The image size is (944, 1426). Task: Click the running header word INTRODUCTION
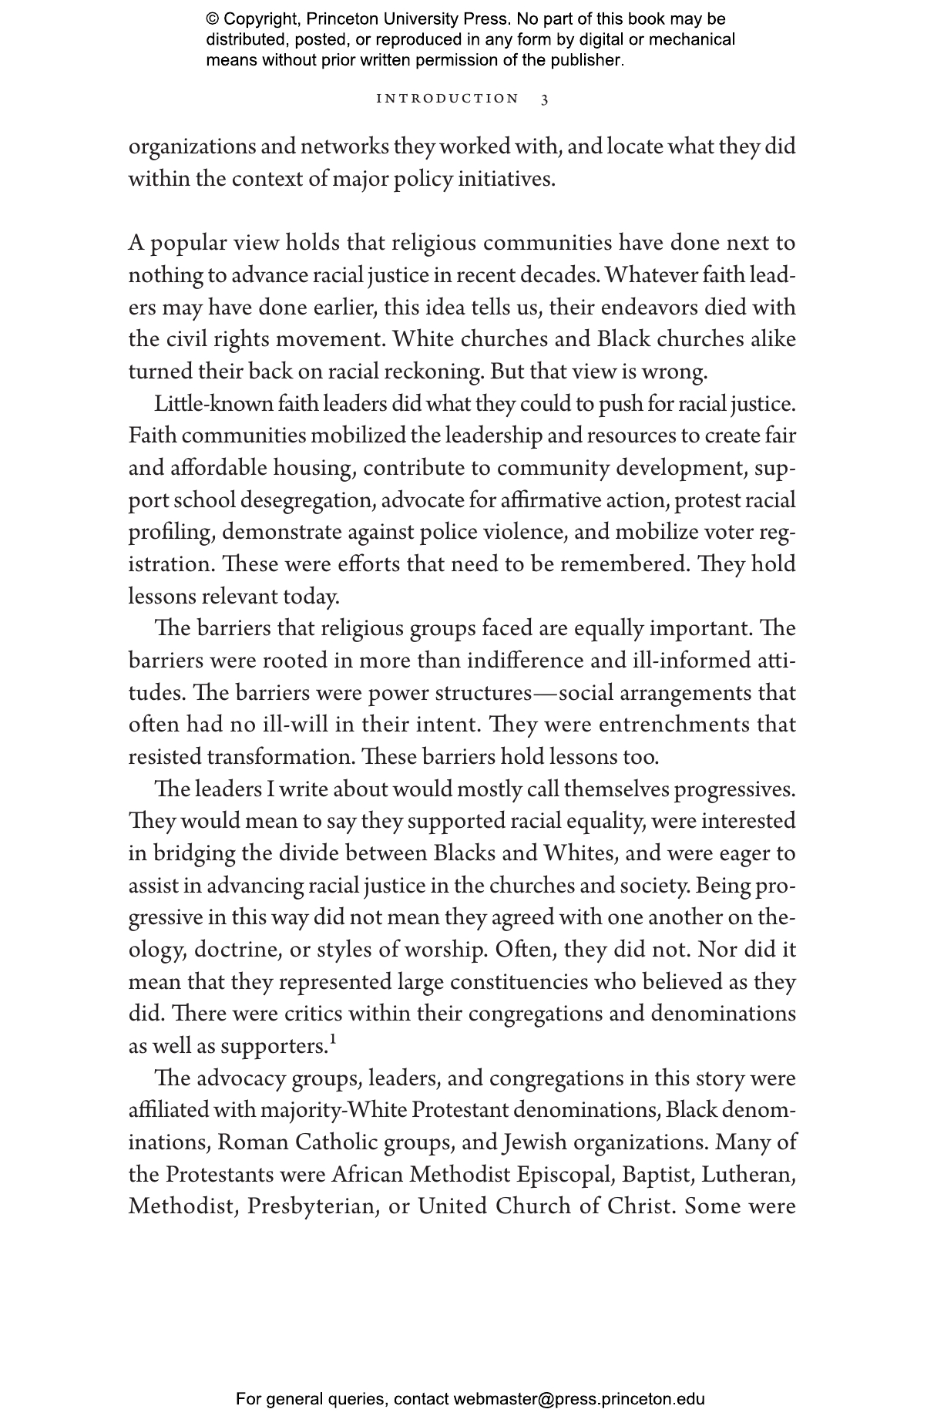point(447,99)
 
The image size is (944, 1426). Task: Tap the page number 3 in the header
point(545,99)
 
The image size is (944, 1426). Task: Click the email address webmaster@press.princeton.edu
point(579,1399)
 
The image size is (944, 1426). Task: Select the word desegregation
point(306,501)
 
